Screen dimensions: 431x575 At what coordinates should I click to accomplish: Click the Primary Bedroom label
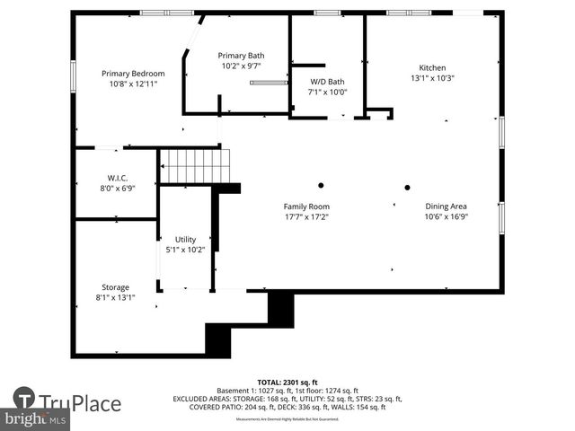[x=133, y=74]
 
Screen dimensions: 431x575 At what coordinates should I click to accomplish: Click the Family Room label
[x=306, y=207]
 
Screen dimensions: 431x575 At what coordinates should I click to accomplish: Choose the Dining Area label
[x=446, y=207]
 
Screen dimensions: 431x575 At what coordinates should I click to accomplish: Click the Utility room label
[x=185, y=239]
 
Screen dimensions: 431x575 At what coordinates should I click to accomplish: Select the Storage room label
[x=115, y=287]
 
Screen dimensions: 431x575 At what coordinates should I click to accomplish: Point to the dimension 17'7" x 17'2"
[x=306, y=216]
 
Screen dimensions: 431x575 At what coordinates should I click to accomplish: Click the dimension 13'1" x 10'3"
[x=432, y=78]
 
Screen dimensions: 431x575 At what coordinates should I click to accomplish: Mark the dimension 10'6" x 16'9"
[x=446, y=216]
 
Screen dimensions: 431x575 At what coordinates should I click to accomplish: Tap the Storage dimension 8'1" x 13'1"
[x=115, y=297]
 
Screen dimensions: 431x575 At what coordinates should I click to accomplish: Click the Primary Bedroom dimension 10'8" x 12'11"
[x=133, y=84]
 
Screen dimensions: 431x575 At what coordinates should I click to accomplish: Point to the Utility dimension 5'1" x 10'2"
[x=185, y=249]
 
